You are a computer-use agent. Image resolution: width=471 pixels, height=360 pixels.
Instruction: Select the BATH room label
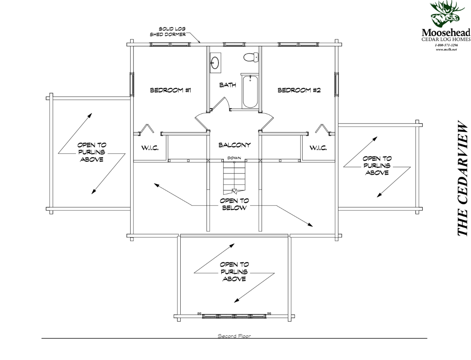pyautogui.click(x=227, y=85)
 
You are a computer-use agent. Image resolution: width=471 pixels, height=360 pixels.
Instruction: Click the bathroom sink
pyautogui.click(x=215, y=63)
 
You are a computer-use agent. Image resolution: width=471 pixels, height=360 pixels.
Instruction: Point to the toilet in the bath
pyautogui.click(x=250, y=57)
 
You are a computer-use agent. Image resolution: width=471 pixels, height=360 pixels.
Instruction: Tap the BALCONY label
pyautogui.click(x=234, y=145)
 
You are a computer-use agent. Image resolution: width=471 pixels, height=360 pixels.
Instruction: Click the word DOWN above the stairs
pyautogui.click(x=234, y=158)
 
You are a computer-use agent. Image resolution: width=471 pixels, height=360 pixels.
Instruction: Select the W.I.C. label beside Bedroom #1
pyautogui.click(x=150, y=148)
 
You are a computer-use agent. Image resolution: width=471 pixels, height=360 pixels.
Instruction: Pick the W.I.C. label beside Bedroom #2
pyautogui.click(x=319, y=148)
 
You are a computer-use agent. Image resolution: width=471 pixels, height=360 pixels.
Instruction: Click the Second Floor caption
pyautogui.click(x=234, y=336)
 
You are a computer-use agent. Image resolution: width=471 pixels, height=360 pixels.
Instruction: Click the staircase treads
pyautogui.click(x=234, y=177)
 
